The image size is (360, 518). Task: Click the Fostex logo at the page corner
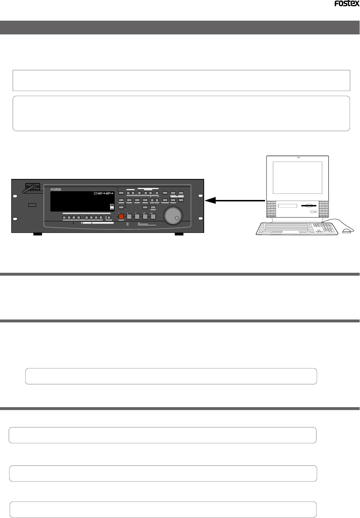point(347,4)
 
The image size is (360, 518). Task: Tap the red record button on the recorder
point(121,217)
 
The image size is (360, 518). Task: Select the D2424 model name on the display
point(103,193)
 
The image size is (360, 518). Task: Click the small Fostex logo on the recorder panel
point(56,189)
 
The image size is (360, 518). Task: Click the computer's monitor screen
point(297,177)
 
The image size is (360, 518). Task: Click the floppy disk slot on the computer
point(309,206)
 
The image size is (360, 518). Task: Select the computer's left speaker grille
point(271,209)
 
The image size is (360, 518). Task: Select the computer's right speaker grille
point(323,209)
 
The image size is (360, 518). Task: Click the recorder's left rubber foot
point(38,234)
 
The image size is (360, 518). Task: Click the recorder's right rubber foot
point(179,234)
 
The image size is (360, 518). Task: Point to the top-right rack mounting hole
point(200,196)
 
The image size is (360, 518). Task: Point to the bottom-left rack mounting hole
point(15,219)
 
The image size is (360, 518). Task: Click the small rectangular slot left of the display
point(32,205)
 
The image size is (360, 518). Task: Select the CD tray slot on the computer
point(288,206)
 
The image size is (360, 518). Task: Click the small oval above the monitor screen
point(298,158)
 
